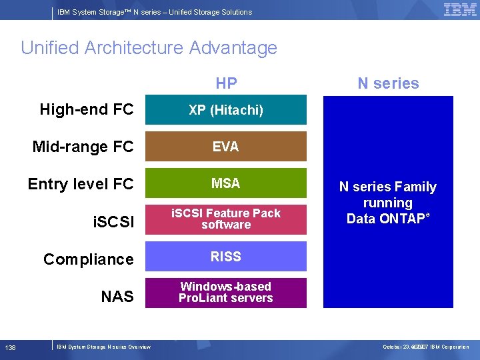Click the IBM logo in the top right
460,10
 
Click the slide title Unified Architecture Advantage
149,48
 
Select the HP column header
226,83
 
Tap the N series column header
388,83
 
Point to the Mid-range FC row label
83,147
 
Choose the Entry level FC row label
81,184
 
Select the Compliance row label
89,259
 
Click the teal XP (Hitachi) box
226,110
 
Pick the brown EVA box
226,147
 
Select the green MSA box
226,183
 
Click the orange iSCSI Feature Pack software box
226,219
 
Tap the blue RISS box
226,257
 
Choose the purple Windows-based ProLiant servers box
226,293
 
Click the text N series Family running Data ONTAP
388,203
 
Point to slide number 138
11,347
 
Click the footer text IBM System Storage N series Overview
104,347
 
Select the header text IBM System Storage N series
155,12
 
